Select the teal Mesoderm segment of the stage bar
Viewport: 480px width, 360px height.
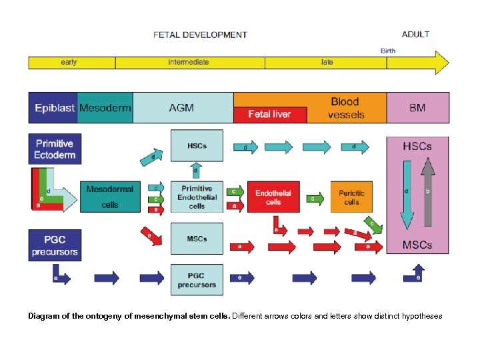(105, 107)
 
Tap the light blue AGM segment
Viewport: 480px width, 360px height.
(182, 107)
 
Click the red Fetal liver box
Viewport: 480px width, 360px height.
(269, 114)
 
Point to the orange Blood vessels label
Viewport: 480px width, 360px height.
(345, 107)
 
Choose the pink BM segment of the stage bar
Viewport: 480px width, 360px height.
(417, 107)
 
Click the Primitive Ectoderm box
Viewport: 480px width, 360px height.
(55, 149)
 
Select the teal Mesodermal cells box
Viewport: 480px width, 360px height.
(110, 197)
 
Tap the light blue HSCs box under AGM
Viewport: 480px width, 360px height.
(197, 146)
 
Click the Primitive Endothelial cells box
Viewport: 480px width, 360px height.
(197, 197)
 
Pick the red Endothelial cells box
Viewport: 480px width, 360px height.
(273, 197)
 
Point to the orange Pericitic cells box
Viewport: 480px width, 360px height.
(351, 197)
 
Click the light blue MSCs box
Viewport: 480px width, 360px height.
(197, 239)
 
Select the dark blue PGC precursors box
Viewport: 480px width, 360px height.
(55, 245)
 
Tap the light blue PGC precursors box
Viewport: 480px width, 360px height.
(197, 280)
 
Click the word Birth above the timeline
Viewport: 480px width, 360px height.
(387, 51)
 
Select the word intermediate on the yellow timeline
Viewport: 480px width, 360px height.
(188, 62)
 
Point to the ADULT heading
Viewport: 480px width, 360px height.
(415, 34)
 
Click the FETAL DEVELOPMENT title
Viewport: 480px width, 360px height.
(200, 35)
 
